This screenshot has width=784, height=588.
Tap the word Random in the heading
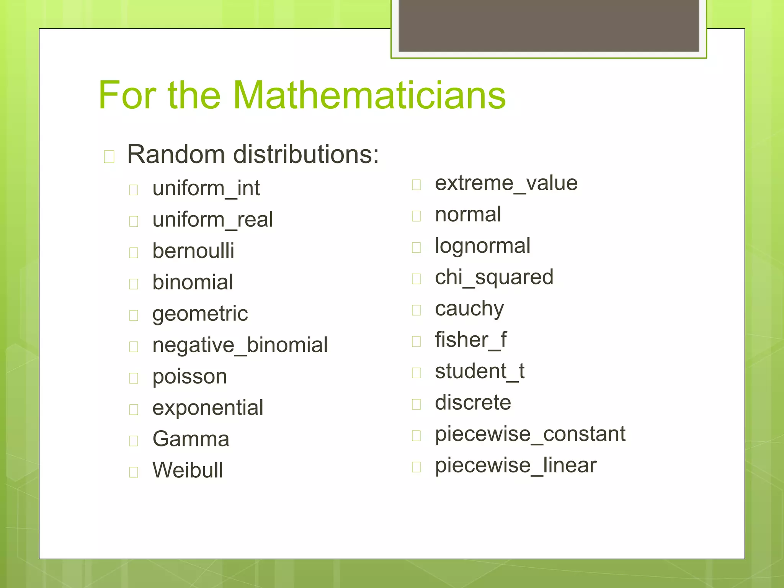tap(176, 154)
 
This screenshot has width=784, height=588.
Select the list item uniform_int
tap(206, 188)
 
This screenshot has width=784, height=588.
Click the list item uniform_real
tap(212, 220)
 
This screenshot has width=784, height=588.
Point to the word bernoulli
tap(193, 251)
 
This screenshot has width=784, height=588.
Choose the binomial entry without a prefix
tap(193, 282)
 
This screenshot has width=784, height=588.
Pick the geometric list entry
tap(200, 314)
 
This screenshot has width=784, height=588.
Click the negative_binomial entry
tap(240, 345)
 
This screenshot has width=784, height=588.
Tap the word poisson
tap(189, 377)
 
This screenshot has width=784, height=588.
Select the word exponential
tap(207, 408)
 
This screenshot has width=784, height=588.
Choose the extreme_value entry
tap(506, 183)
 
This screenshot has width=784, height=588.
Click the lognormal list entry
tap(482, 246)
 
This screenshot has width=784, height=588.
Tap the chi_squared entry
tap(494, 277)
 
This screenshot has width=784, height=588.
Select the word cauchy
tap(469, 309)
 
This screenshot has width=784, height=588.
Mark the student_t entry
tap(479, 371)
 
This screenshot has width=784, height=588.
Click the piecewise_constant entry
tap(530, 434)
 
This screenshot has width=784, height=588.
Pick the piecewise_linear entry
tap(515, 465)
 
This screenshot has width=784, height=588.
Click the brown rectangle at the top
tap(549, 26)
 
